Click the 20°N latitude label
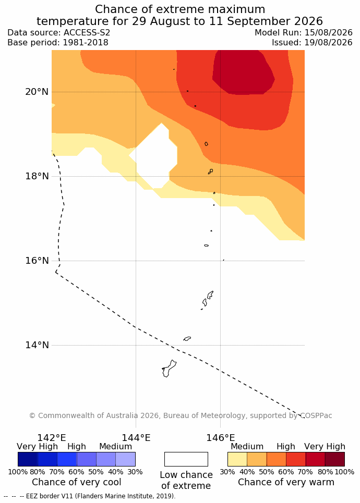[37, 92]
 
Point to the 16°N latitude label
[37, 261]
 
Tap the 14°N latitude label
[37, 345]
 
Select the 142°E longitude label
[52, 438]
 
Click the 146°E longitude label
[221, 438]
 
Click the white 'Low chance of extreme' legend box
[186, 459]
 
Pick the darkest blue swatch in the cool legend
[28, 459]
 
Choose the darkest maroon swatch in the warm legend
[335, 459]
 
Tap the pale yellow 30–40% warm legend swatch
[237, 459]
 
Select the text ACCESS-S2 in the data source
[87, 33]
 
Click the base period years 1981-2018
[86, 43]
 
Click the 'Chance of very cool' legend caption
[76, 482]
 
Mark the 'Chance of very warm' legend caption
[286, 482]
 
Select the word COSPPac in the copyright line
[316, 416]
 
